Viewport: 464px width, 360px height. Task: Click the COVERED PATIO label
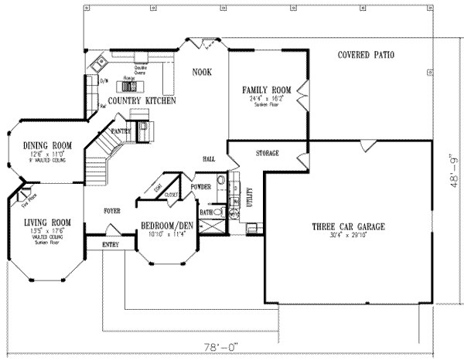pyautogui.click(x=367, y=56)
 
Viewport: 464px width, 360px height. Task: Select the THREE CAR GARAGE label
pyautogui.click(x=348, y=226)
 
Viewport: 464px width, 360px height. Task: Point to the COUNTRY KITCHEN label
pyautogui.click(x=142, y=100)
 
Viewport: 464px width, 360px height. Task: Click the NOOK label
pyautogui.click(x=202, y=72)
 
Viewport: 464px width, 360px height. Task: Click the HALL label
pyautogui.click(x=209, y=158)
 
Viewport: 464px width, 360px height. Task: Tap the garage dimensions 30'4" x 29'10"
pyautogui.click(x=348, y=235)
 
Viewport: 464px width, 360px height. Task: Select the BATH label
pyautogui.click(x=206, y=211)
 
